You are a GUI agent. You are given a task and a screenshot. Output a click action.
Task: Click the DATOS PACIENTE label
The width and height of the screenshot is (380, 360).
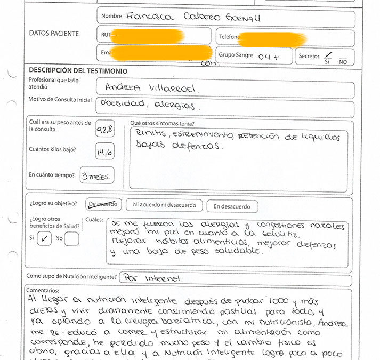54,34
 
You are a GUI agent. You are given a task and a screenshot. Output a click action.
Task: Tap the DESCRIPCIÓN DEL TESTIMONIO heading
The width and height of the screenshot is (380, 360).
78,70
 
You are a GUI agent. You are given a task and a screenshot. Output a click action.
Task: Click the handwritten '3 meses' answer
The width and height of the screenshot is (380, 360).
96,175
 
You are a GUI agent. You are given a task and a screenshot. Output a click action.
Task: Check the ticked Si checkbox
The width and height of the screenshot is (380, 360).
45,239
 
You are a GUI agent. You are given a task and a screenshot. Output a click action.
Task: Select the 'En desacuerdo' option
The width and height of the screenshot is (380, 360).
232,206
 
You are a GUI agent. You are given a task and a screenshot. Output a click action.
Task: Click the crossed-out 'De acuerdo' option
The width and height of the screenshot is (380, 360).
103,204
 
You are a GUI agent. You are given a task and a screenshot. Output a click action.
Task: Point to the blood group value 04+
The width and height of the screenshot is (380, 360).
268,56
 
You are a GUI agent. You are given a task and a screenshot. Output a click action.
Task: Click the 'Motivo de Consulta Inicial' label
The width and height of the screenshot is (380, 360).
60,100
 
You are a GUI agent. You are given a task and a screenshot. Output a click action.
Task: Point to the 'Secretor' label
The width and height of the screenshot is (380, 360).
309,56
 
